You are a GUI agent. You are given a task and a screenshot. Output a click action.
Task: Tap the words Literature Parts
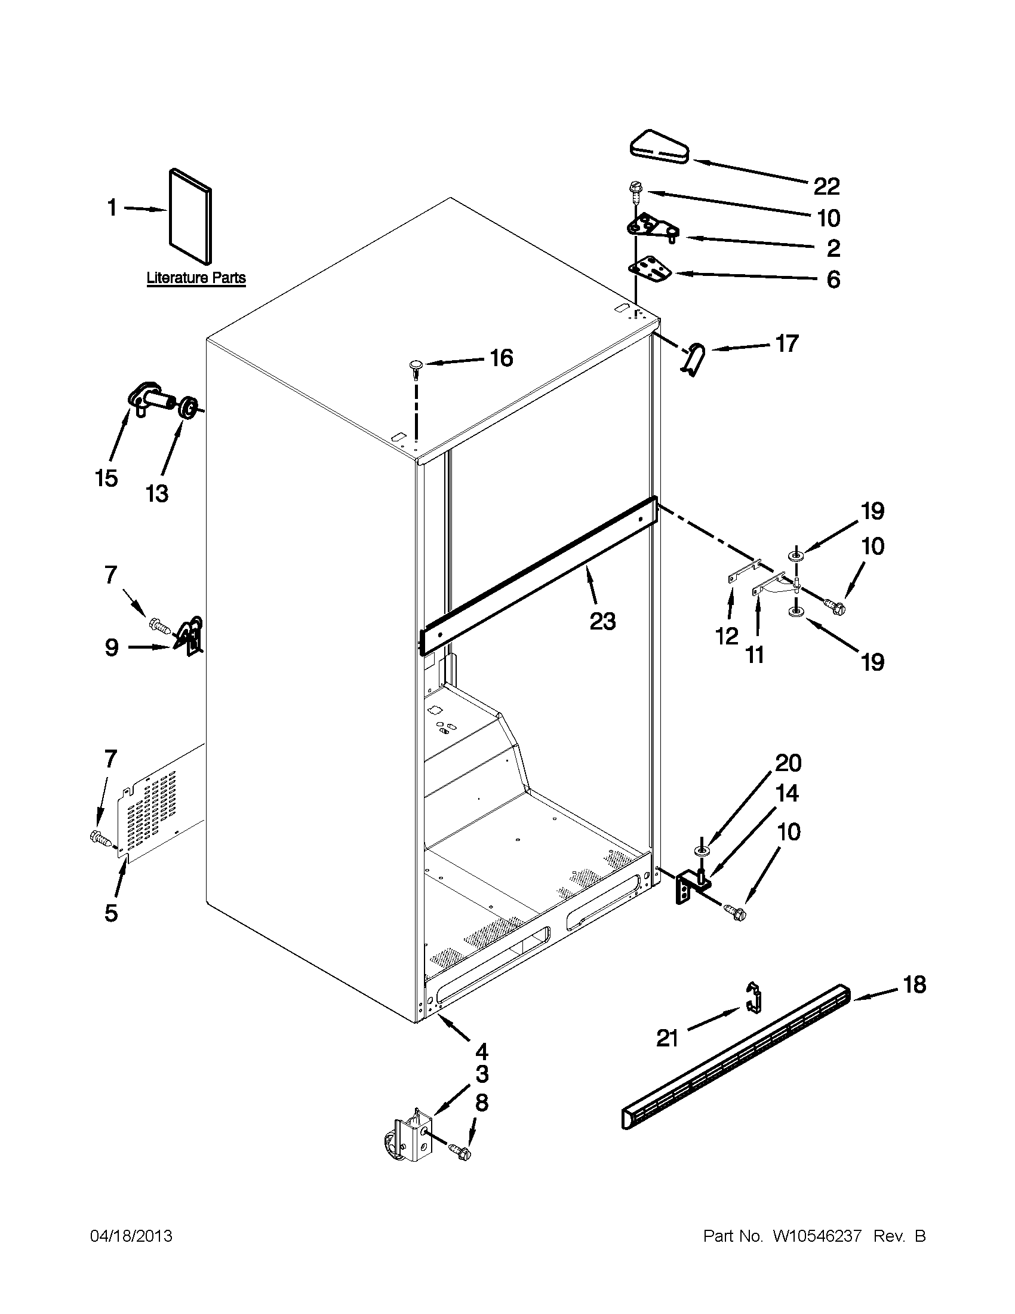pyautogui.click(x=196, y=278)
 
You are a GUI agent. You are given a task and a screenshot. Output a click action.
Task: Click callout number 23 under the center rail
pyautogui.click(x=602, y=621)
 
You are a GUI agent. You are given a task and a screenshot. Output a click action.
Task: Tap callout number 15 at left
pyautogui.click(x=106, y=479)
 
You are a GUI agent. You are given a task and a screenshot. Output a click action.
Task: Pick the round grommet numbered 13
pyautogui.click(x=188, y=409)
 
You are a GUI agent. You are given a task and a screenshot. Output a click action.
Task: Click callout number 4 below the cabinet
pyautogui.click(x=481, y=1052)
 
